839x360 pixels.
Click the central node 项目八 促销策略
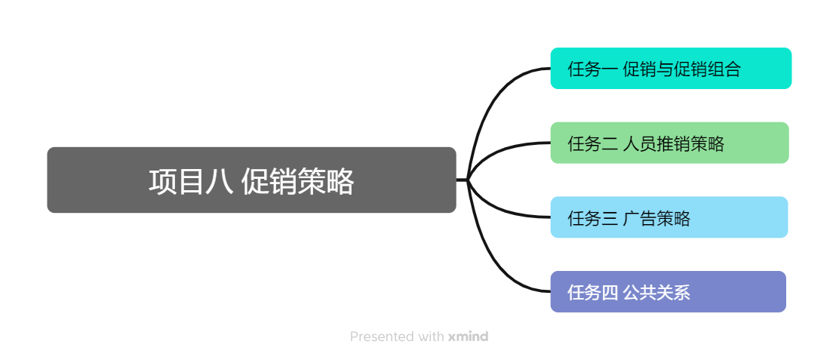tap(251, 180)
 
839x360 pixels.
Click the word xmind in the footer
tap(468, 337)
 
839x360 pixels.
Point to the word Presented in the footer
tap(382, 337)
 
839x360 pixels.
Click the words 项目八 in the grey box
tap(190, 182)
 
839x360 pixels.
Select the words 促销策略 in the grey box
tap(298, 182)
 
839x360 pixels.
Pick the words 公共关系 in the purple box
tap(657, 292)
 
